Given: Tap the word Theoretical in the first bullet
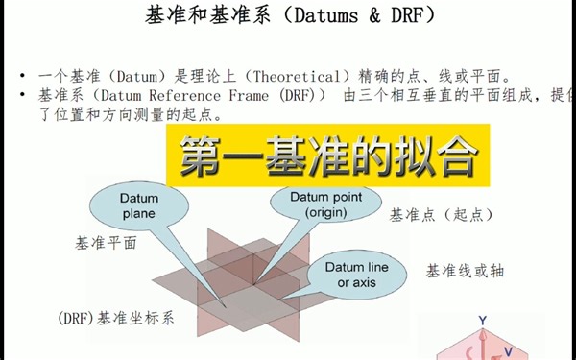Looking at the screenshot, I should (302, 76).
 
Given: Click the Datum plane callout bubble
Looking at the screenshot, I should (139, 206).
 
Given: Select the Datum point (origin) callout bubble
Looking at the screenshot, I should (304, 204).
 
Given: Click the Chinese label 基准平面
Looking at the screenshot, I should (106, 242).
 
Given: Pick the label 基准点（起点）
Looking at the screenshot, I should (442, 215).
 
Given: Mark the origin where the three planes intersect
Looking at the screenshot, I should (254, 283).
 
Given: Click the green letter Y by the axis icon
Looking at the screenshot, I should (483, 320).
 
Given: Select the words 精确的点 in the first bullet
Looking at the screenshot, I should (415, 76).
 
